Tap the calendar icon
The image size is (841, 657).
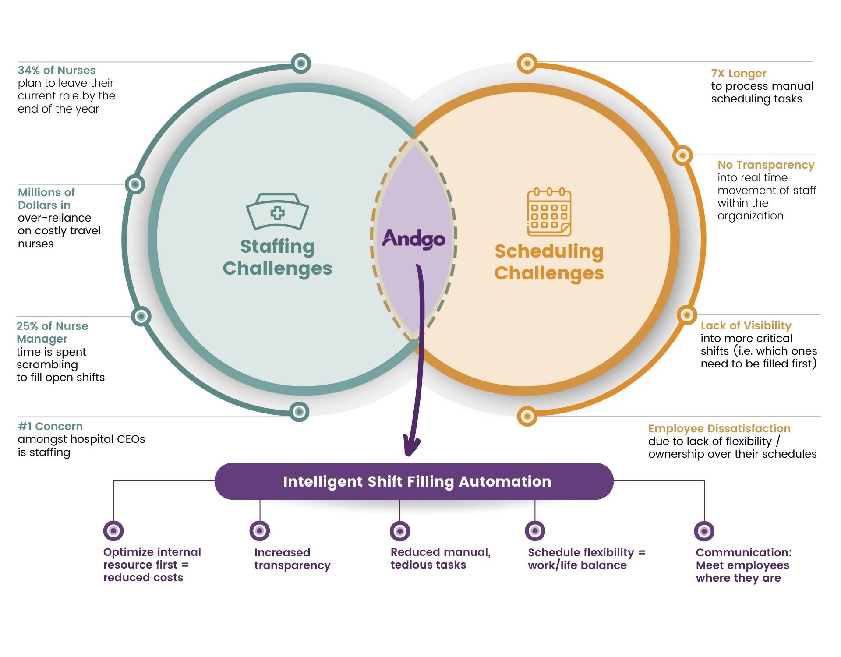pos(549,212)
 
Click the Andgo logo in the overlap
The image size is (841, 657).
pos(413,239)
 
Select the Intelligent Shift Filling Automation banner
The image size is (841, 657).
pos(413,481)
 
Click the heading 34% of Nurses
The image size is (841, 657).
pos(57,70)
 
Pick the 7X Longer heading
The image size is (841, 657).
pos(739,73)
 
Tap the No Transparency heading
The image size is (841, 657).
pos(766,165)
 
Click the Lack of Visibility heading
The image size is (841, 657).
pos(746,325)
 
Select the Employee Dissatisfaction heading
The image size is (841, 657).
pos(719,428)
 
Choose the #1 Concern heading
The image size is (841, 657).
pos(50,426)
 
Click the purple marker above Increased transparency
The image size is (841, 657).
pos(260,531)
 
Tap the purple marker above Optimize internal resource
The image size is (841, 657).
pos(113,531)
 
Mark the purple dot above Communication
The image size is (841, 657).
pos(704,531)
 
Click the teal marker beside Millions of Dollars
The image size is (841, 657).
pos(135,184)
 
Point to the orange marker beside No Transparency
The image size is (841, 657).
pos(682,155)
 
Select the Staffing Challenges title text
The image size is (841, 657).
pos(277,257)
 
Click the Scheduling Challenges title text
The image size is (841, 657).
pos(549,262)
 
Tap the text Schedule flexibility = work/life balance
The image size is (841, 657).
pos(586,558)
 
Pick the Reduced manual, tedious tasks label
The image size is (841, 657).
pos(440,558)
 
